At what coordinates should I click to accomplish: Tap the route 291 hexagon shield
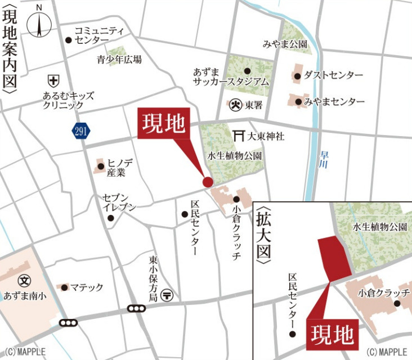click(x=79, y=131)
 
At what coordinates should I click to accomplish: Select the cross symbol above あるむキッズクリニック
click(x=53, y=80)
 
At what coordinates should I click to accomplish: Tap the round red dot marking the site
click(x=208, y=182)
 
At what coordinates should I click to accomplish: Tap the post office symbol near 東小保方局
click(x=167, y=294)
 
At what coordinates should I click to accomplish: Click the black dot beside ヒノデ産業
click(x=101, y=166)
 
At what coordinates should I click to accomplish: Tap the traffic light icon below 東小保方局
click(x=136, y=308)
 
